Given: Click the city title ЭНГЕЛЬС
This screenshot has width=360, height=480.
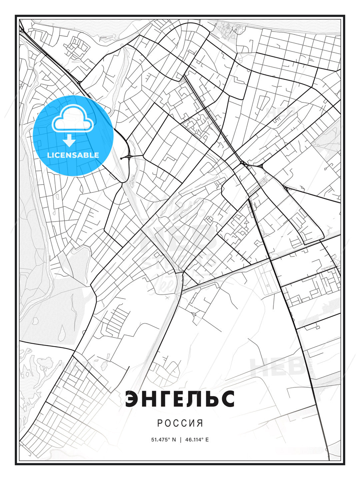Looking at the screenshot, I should coord(180,399).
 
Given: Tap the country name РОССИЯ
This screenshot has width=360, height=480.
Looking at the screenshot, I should coord(180,423).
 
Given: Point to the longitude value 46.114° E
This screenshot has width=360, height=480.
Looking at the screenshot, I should coord(196,440).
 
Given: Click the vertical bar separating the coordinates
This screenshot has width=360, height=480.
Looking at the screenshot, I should coord(180,440).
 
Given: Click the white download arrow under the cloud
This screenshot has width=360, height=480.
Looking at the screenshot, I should coord(69,141).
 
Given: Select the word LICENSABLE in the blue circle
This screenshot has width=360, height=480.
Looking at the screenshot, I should coord(73,155).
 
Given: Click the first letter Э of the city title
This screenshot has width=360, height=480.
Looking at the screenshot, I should coord(133,399).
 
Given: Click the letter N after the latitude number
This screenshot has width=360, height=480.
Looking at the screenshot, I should coord(174,440).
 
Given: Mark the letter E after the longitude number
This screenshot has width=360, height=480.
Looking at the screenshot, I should coord(207,440).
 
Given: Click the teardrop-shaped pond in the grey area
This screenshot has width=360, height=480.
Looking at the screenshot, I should coord(62,333).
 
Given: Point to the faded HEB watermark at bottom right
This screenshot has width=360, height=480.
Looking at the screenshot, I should coord(277,367).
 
